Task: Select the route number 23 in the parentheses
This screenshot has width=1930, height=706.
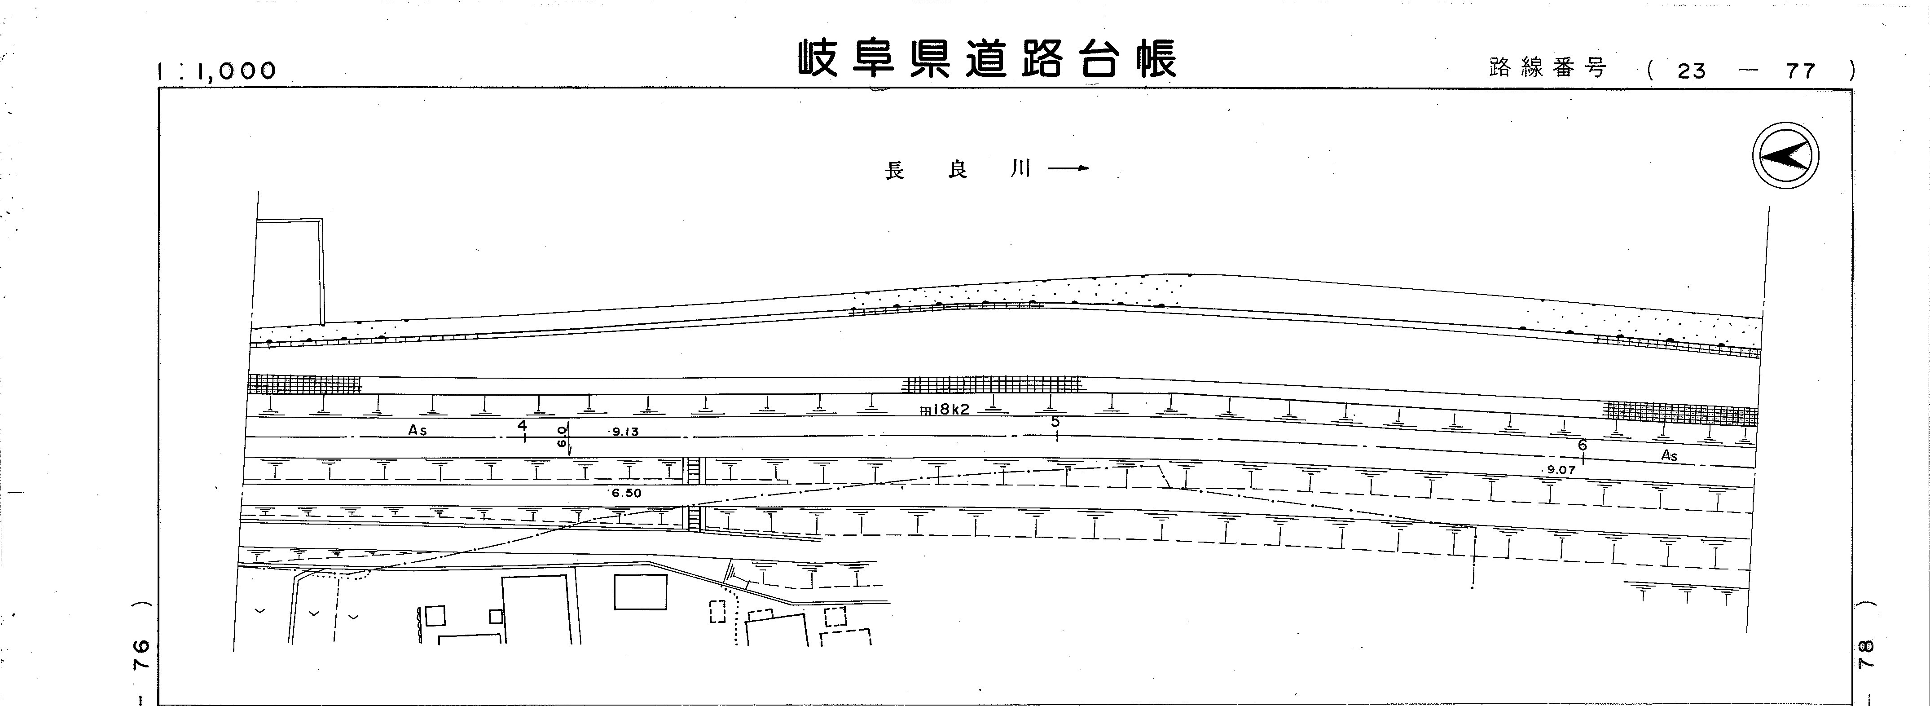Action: click(1691, 71)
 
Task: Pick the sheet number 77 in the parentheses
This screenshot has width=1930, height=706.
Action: click(1800, 71)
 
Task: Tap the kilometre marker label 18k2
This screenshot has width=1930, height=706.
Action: click(948, 410)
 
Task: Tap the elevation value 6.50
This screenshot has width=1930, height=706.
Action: click(626, 493)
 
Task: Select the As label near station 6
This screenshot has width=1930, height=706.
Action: click(1669, 456)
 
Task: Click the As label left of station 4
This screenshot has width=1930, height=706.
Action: click(418, 431)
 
